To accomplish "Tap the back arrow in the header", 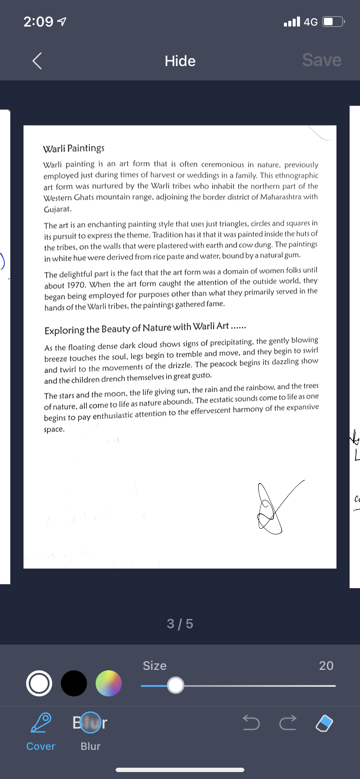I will [x=37, y=61].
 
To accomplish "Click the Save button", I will [x=322, y=60].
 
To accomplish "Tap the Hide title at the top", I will [x=180, y=61].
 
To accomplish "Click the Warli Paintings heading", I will [x=73, y=149].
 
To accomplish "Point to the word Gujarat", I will [x=57, y=209].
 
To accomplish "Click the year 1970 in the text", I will [x=77, y=285].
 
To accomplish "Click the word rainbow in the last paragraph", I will [x=260, y=387].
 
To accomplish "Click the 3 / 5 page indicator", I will [x=180, y=624].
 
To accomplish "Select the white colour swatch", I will [x=39, y=683].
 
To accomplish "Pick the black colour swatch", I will [x=74, y=683].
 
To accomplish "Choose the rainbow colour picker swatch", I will [x=108, y=683].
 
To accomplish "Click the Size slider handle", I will [x=176, y=686].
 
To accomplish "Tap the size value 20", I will [x=326, y=666].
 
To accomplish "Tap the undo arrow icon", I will [x=251, y=723].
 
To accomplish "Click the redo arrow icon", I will [x=288, y=723].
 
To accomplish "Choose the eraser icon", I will [x=324, y=723].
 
